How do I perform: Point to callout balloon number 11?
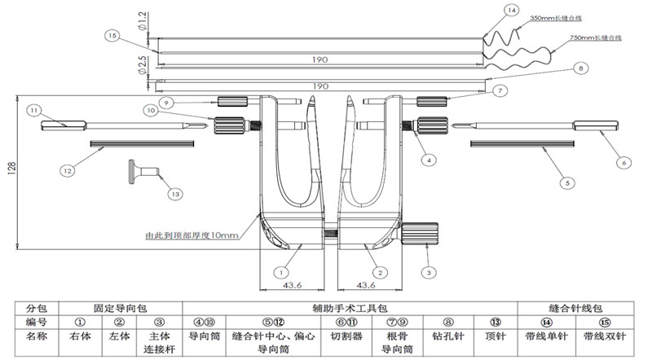(33, 110)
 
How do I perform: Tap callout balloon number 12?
(67, 170)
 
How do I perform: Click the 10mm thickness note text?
(191, 235)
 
